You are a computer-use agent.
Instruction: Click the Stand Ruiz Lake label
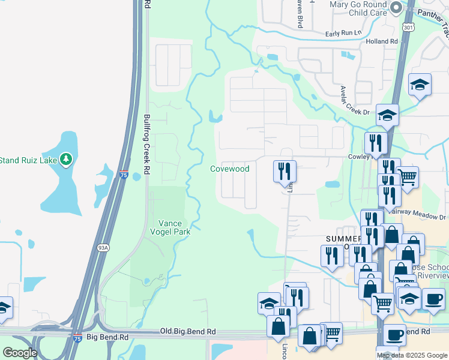pos(28,160)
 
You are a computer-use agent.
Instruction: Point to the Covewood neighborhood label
pos(229,169)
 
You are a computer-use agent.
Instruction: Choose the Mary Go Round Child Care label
pos(358,8)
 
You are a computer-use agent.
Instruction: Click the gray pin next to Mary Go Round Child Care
pos(396,7)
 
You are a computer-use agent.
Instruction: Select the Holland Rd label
pos(382,41)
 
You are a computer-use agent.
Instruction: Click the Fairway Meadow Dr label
pos(423,217)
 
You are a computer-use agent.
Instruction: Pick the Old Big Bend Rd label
pos(188,331)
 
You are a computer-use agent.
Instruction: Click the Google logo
pos(20,353)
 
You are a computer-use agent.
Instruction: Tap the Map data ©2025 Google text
pos(412,355)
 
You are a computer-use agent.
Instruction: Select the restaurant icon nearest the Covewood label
pos(285,171)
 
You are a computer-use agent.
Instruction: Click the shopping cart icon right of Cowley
pos(408,177)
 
